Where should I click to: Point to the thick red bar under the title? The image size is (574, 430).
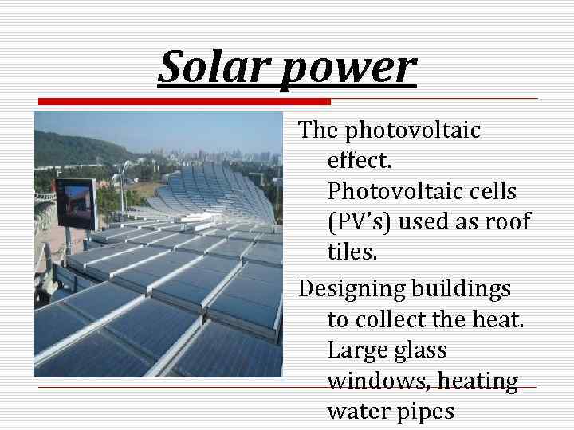(184, 101)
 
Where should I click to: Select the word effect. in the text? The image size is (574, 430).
(360, 160)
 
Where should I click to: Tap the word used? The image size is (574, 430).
(423, 222)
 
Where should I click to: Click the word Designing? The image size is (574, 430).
(352, 288)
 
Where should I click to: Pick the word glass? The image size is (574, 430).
(421, 350)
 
